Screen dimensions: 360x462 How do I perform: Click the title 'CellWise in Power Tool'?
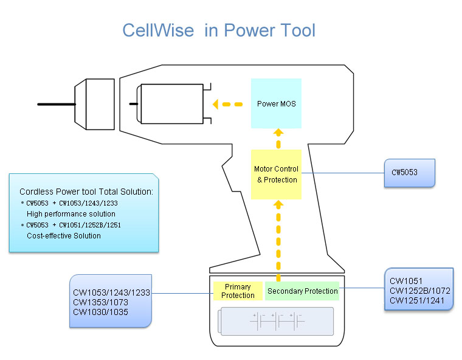click(219, 30)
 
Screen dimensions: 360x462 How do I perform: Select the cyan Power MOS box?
click(276, 103)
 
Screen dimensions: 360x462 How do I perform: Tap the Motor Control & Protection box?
click(277, 174)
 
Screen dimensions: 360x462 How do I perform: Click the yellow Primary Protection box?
click(238, 291)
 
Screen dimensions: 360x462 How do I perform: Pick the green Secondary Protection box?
click(302, 291)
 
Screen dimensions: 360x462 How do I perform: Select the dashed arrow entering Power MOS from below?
click(277, 138)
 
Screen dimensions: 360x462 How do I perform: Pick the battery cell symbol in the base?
click(277, 320)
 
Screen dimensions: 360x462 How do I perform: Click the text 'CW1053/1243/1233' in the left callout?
click(111, 292)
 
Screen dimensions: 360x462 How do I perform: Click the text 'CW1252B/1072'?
click(420, 290)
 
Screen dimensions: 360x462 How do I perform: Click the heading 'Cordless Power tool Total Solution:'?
click(86, 192)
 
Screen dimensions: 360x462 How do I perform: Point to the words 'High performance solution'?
click(71, 214)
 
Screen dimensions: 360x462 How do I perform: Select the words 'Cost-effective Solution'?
click(64, 235)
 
